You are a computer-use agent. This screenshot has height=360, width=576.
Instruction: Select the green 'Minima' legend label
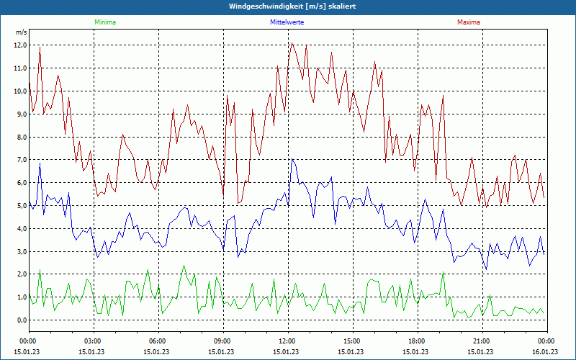tap(104, 22)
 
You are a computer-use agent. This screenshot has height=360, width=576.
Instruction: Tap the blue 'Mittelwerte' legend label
tap(287, 22)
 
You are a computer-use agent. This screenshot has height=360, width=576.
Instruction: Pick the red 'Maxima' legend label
tap(469, 22)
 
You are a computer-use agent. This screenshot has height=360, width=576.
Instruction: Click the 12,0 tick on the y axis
tap(20, 45)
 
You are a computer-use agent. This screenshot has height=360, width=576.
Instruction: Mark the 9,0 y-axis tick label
tap(20, 114)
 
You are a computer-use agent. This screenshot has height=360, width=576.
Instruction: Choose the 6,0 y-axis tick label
tap(20, 183)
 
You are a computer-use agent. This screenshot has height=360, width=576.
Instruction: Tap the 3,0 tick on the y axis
tap(20, 251)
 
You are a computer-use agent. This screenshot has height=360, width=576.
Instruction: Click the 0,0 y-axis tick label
tap(20, 320)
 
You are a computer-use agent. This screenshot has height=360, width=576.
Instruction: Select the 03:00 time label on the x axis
tap(92, 341)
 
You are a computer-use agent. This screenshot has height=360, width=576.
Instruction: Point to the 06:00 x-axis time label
tap(157, 341)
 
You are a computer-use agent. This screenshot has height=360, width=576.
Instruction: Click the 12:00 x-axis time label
tap(287, 341)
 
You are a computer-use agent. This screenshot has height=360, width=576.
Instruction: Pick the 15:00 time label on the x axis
tap(351, 341)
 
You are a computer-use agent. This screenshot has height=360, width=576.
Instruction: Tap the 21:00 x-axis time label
tap(481, 341)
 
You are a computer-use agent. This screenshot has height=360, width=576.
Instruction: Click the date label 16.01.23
tap(545, 352)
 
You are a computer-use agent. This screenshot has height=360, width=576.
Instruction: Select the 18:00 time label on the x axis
tap(416, 341)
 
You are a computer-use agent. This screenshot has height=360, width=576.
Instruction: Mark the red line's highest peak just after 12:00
tap(292, 43)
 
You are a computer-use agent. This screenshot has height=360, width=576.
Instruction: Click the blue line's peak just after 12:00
tap(292, 159)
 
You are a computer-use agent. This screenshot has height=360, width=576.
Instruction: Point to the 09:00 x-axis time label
tap(222, 341)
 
